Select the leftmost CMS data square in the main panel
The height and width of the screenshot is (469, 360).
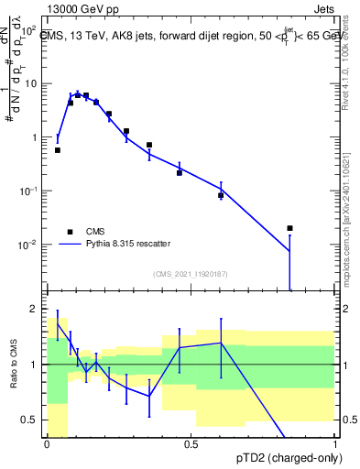tap(58, 150)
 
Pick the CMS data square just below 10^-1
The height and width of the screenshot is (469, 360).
tap(221, 195)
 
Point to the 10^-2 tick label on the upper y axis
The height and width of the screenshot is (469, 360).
tap(27, 245)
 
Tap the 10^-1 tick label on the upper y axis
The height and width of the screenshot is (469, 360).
tap(27, 191)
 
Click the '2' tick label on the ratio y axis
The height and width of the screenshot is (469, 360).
tap(34, 309)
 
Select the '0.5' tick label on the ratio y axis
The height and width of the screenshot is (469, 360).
tap(30, 420)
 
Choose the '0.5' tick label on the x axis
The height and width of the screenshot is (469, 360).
tap(191, 442)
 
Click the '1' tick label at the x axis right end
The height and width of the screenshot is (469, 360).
tap(334, 442)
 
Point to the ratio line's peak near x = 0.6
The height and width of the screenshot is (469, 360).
tap(221, 343)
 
